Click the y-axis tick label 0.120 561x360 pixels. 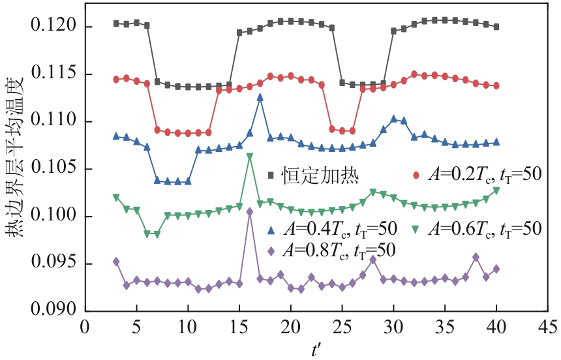[x=54, y=27]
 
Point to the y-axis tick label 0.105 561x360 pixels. [x=54, y=169]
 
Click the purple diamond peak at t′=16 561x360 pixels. [x=250, y=211]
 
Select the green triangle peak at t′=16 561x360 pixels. [x=250, y=157]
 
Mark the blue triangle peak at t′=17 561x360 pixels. [x=260, y=97]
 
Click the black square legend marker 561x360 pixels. [x=271, y=175]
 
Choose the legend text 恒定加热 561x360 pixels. [x=311, y=175]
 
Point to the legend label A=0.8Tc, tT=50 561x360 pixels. [x=340, y=250]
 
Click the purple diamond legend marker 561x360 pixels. [x=271, y=250]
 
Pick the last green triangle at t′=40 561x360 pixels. [x=496, y=190]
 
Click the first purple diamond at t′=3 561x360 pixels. [x=116, y=262]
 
